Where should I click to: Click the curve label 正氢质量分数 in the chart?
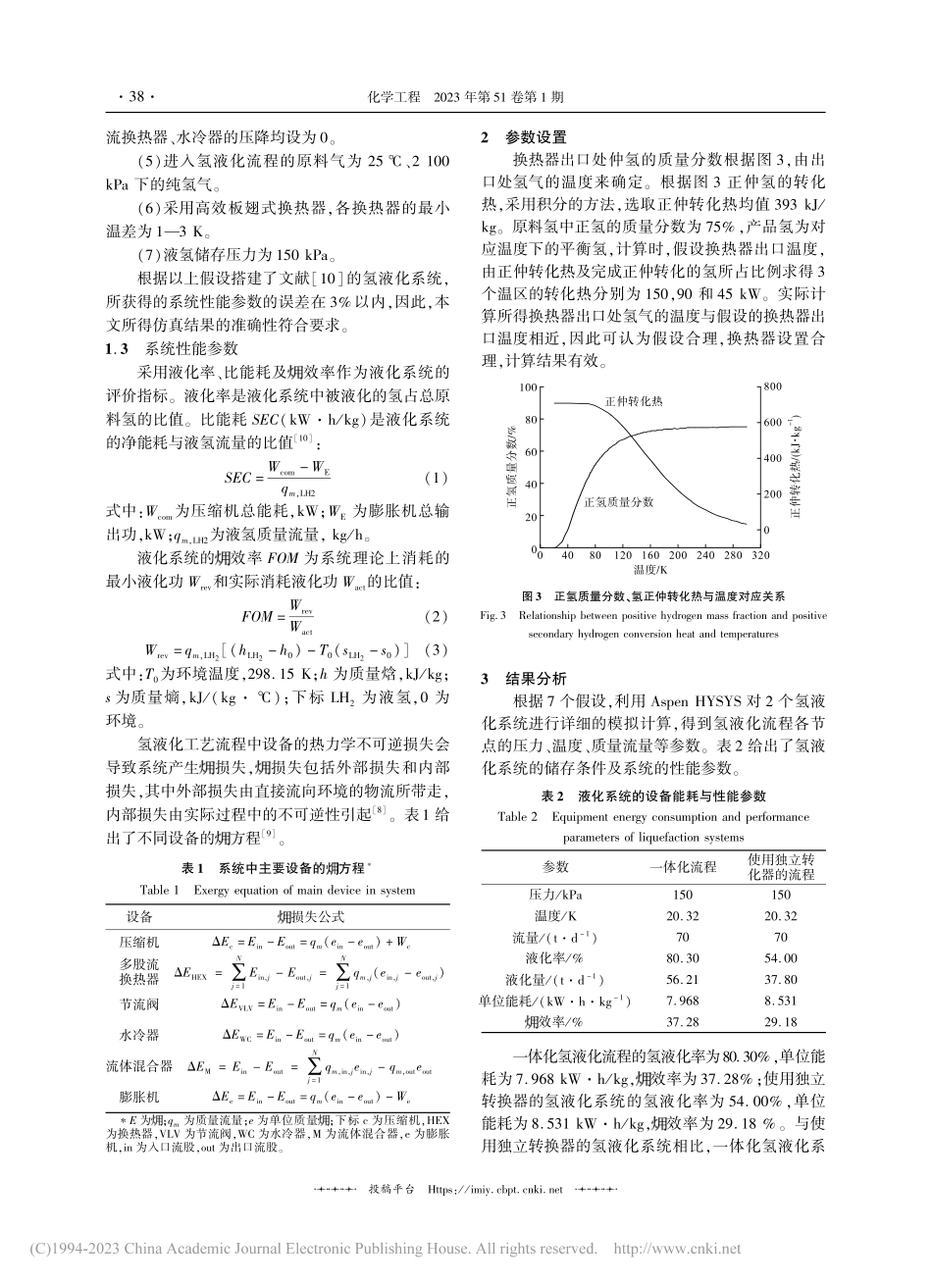click(x=618, y=501)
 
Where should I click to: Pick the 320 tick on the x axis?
click(x=758, y=555)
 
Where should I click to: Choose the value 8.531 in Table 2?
click(x=780, y=1000)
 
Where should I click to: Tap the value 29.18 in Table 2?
click(x=780, y=1021)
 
